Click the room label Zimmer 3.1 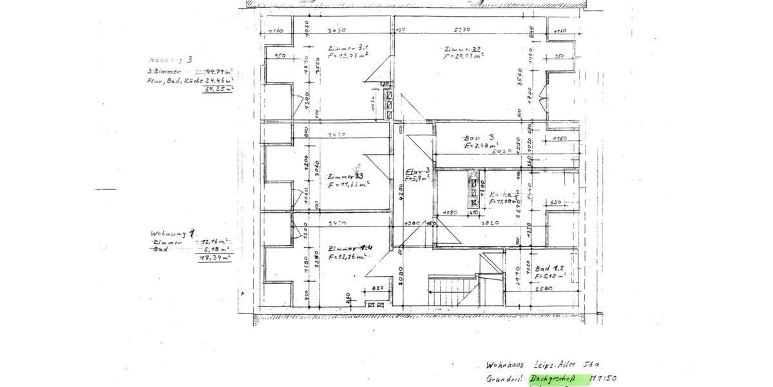[347, 48]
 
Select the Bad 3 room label [479, 137]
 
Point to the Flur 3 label [417, 172]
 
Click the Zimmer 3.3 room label [346, 177]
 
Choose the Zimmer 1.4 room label [348, 249]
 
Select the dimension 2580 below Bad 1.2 [544, 289]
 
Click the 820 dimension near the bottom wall [377, 288]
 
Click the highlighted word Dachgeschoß [551, 379]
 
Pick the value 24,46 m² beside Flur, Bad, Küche [219, 81]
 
